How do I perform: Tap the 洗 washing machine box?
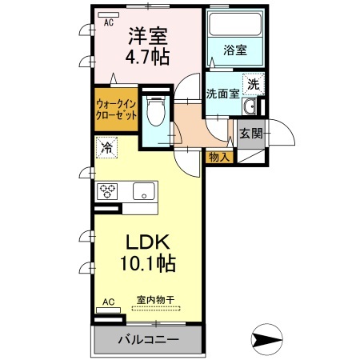[x=252, y=83]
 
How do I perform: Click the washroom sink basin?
[x=250, y=108]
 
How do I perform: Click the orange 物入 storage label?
[x=218, y=157]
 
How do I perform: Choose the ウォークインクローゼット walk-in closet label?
[x=117, y=109]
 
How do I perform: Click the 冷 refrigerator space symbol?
[x=106, y=148]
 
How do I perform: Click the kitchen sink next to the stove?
[x=144, y=192]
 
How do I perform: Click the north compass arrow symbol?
[x=267, y=338]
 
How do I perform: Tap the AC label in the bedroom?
[x=108, y=23]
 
